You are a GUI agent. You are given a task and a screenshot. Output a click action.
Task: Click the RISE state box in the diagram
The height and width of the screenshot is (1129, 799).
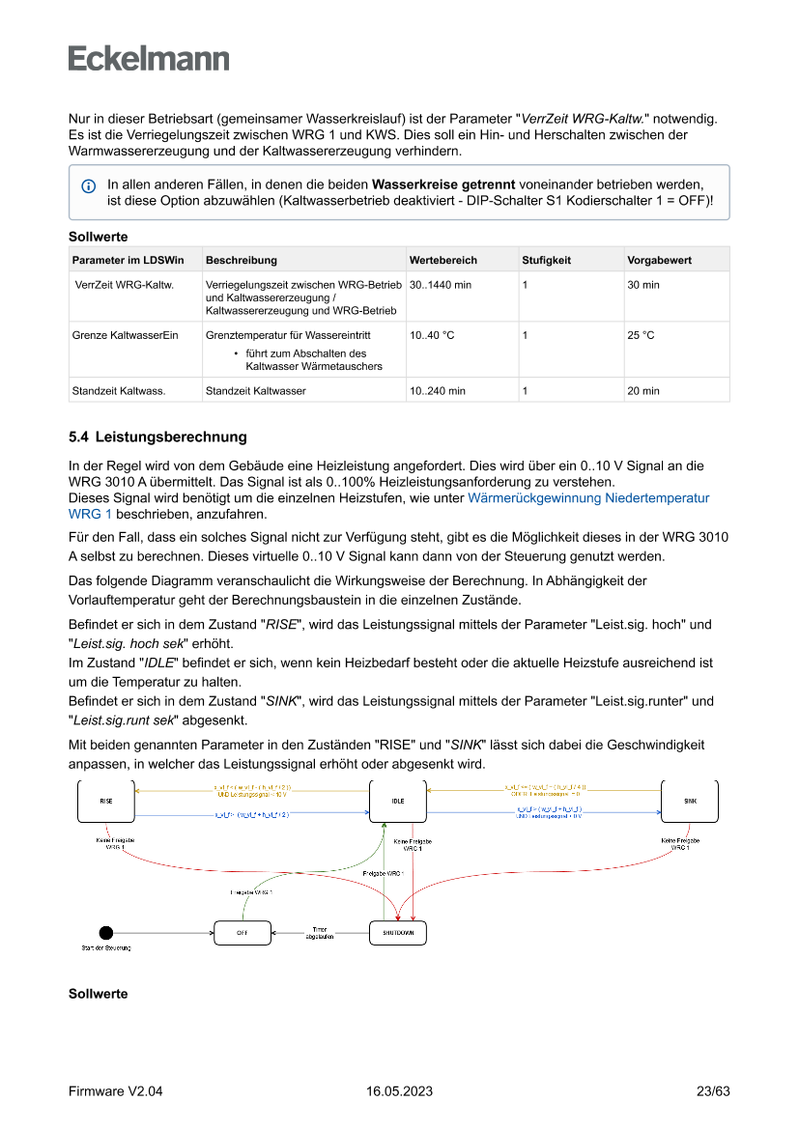click(x=106, y=802)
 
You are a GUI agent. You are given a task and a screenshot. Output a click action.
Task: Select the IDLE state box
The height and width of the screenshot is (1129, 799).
click(x=398, y=802)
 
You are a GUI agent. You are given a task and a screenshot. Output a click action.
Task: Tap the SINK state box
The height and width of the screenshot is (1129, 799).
click(x=690, y=802)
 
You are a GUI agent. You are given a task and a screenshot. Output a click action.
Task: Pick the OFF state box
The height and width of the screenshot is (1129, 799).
click(x=241, y=932)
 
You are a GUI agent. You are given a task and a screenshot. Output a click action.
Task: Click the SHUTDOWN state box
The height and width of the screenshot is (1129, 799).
click(x=398, y=932)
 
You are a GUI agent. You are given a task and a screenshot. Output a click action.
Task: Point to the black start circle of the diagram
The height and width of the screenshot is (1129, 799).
click(x=106, y=932)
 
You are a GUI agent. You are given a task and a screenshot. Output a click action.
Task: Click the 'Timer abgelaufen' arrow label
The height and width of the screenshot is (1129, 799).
click(x=320, y=933)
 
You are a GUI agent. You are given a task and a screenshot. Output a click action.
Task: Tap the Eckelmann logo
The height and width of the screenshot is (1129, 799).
click(x=149, y=58)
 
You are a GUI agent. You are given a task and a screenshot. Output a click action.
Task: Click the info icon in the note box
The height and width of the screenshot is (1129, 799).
click(x=88, y=184)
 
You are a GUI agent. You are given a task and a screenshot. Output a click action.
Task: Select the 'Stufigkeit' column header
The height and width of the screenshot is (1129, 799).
click(x=547, y=260)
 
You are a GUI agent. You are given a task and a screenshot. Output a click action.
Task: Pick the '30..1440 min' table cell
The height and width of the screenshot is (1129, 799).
click(x=441, y=285)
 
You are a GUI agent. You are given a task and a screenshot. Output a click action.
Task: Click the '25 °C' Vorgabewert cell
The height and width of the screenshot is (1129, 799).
click(x=641, y=335)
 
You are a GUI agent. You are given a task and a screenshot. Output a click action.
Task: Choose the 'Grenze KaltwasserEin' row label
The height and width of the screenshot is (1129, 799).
click(x=125, y=335)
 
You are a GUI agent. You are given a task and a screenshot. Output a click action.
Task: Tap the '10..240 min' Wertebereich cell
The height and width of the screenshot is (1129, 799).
click(x=438, y=390)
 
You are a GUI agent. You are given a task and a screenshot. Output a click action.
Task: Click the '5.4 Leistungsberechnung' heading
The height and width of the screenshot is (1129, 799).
click(x=157, y=437)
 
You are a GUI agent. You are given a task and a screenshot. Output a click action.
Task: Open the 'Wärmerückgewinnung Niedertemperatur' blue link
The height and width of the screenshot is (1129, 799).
click(x=587, y=498)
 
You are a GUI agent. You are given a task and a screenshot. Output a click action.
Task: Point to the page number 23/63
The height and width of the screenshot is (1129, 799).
click(x=713, y=1091)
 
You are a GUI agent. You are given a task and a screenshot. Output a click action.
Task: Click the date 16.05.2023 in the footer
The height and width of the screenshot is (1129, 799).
click(x=399, y=1091)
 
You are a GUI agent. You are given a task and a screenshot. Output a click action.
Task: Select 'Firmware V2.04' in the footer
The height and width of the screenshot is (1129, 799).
click(x=115, y=1091)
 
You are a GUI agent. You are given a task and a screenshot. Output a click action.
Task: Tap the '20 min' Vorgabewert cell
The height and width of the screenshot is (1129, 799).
click(x=643, y=390)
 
